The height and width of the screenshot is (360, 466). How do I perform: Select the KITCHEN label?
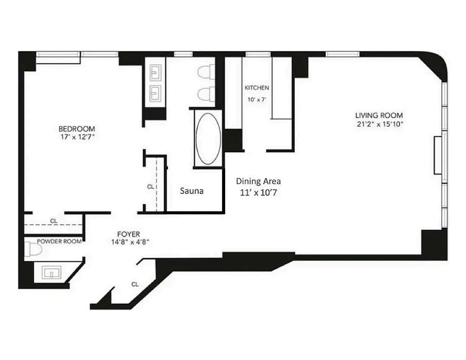(x=257, y=88)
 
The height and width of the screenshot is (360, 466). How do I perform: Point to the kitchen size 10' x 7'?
(x=256, y=100)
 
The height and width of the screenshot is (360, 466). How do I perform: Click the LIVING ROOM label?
(x=379, y=115)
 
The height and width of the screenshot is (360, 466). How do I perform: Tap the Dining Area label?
(x=258, y=181)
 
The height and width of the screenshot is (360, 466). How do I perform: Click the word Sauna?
(x=192, y=191)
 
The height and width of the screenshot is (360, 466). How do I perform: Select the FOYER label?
(x=128, y=234)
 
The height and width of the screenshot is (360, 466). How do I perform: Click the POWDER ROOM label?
(x=59, y=241)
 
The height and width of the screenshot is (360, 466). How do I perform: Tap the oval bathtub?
(x=208, y=138)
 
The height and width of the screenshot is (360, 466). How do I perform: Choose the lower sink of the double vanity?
(x=155, y=94)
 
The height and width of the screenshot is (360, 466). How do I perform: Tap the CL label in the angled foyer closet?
(x=135, y=284)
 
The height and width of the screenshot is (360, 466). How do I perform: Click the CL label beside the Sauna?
(x=150, y=186)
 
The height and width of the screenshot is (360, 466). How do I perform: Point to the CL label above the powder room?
(x=54, y=221)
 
